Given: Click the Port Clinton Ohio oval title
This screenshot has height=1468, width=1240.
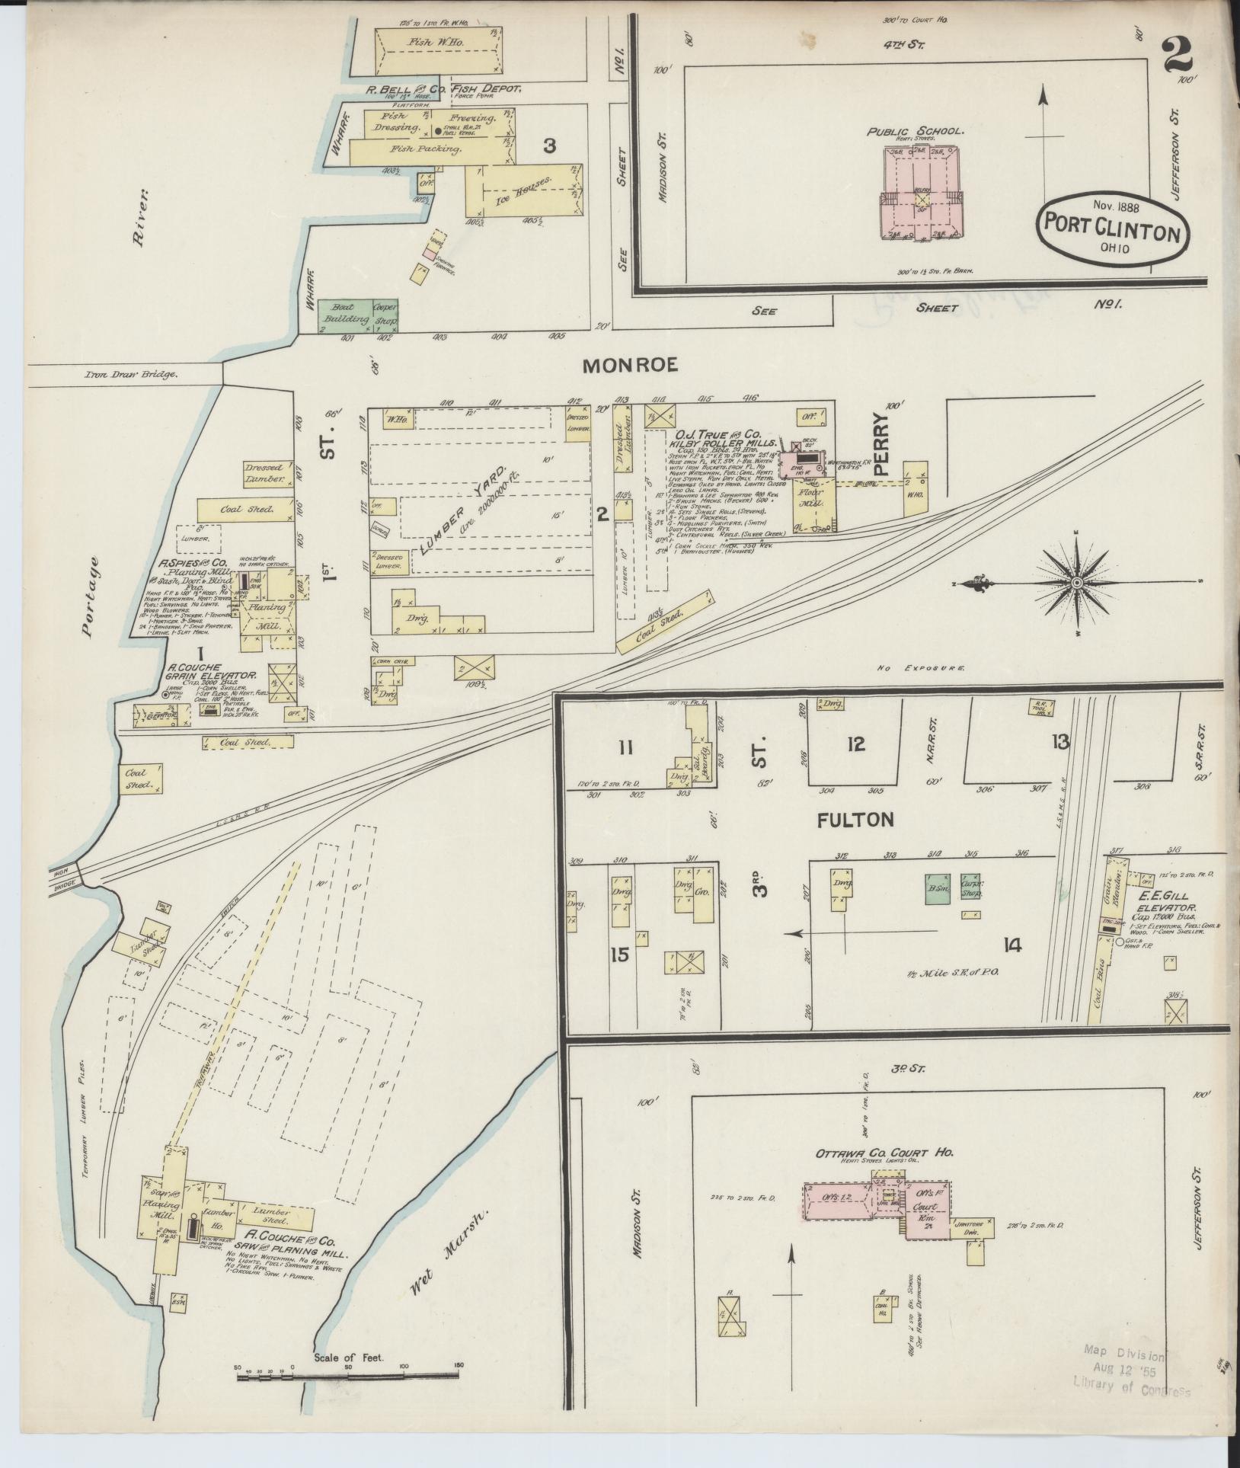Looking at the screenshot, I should coord(1111,229).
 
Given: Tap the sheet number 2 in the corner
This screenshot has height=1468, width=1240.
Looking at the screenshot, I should coord(1178,56).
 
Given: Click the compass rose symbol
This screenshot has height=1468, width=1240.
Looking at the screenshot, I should coord(1076,583).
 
